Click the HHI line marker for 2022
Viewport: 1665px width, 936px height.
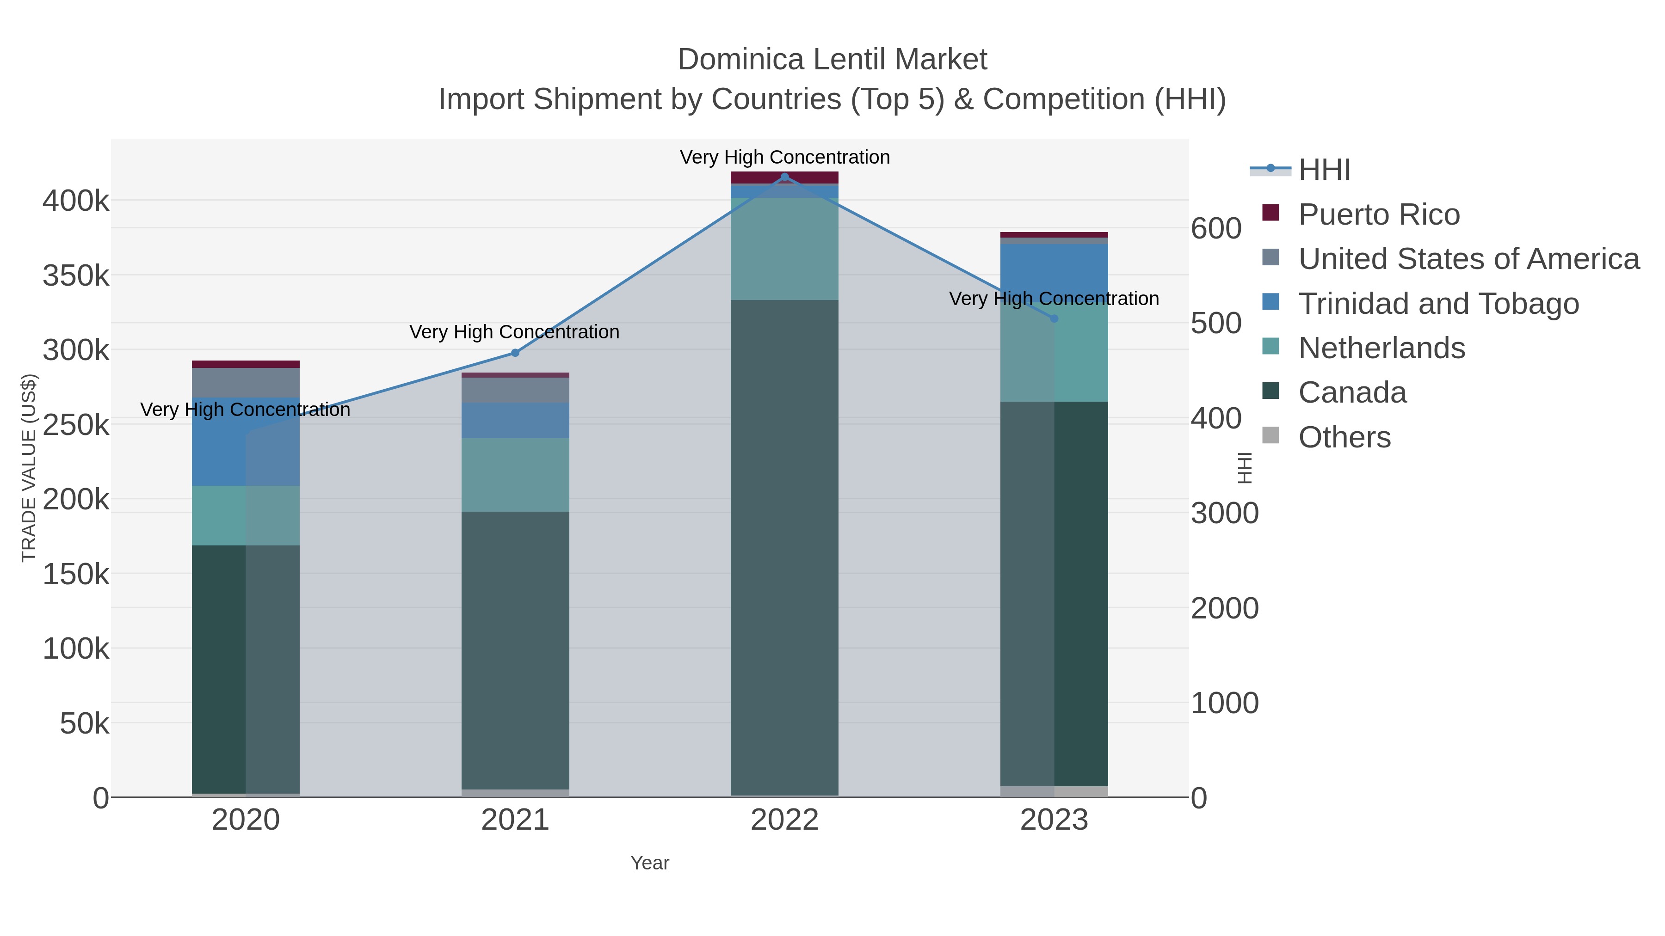[785, 177]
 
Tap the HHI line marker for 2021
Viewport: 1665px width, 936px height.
[515, 353]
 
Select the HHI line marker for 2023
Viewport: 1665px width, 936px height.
[1054, 318]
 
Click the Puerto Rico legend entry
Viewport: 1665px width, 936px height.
[1379, 214]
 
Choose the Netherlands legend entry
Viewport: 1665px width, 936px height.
[1381, 348]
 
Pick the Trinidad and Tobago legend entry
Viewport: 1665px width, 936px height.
[1438, 304]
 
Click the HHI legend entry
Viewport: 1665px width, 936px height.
[1325, 170]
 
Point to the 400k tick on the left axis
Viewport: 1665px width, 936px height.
[76, 201]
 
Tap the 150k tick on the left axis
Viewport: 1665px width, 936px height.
[76, 574]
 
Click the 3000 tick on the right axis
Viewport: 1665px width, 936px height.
[1224, 514]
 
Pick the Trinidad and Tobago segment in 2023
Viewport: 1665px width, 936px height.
[1054, 271]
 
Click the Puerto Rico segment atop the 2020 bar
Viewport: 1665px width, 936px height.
[246, 364]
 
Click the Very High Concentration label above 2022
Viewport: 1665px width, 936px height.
[785, 158]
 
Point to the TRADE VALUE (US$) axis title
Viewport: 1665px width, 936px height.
[29, 468]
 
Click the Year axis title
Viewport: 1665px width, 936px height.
[650, 863]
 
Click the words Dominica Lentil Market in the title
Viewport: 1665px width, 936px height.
[832, 60]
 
